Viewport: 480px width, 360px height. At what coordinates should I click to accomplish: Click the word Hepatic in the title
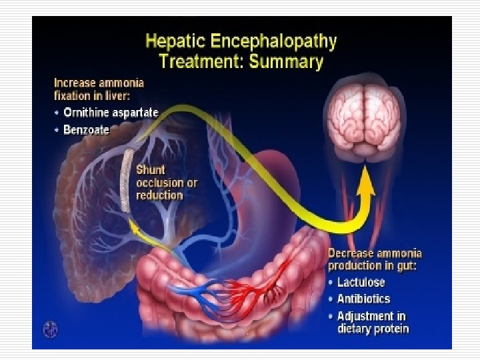point(175,41)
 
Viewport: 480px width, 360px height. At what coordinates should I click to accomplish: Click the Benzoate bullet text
point(86,130)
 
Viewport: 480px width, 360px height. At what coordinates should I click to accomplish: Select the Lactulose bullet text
point(361,282)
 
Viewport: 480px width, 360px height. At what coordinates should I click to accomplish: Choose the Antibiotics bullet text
point(363,299)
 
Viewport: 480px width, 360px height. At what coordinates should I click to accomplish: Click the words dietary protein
point(373,329)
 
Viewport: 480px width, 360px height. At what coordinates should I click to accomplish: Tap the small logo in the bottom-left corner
point(49,329)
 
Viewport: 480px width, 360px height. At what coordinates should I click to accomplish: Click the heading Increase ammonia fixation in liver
point(99,91)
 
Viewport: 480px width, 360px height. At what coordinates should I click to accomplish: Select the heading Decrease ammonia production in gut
point(375,260)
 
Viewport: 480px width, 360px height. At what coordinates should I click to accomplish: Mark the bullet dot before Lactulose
point(331,283)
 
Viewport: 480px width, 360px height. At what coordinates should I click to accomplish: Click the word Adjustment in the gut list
point(371,316)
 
